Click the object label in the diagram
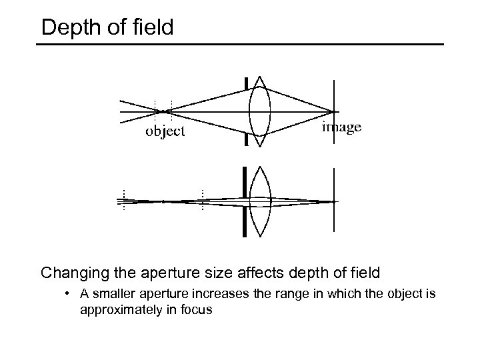click(x=165, y=131)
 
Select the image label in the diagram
click(x=342, y=127)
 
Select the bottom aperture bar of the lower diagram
click(x=246, y=221)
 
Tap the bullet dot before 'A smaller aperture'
click(x=69, y=294)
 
